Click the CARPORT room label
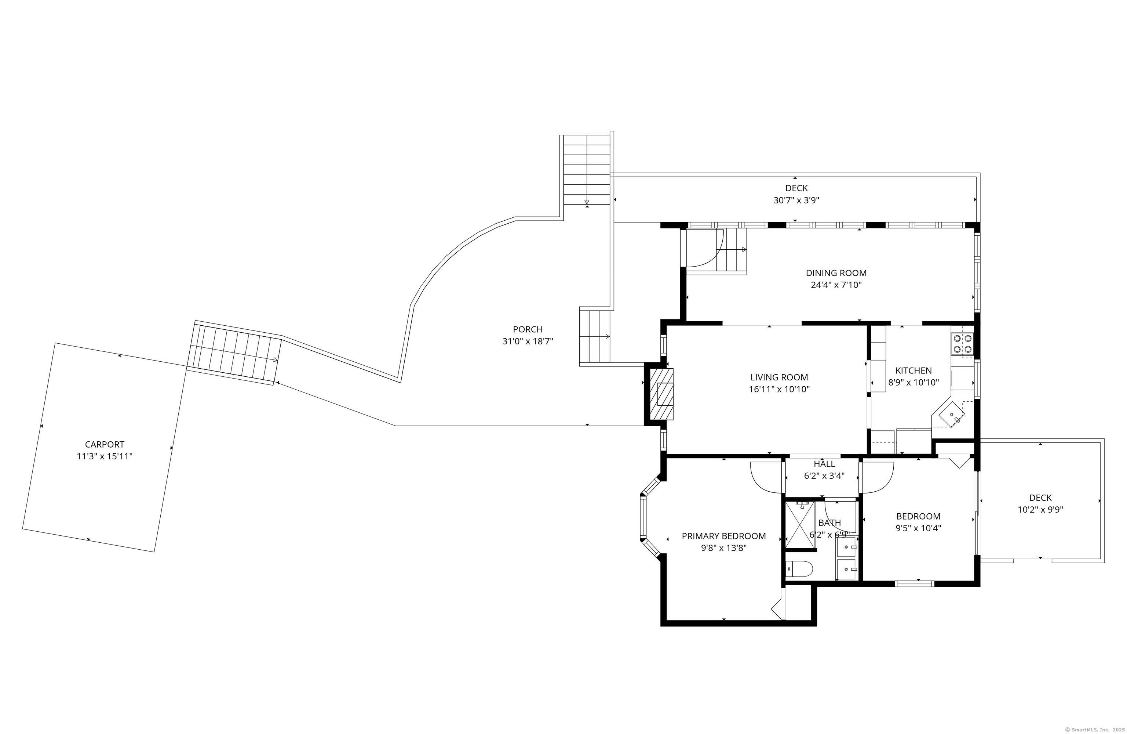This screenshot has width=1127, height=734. point(105,444)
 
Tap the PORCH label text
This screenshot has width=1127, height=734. point(528,329)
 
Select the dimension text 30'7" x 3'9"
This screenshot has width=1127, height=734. point(796,200)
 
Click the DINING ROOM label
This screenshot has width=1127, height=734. point(836,273)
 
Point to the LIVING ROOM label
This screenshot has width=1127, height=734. point(779,377)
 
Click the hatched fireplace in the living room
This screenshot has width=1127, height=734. point(661,393)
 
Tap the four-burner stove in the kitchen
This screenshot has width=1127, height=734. point(962,344)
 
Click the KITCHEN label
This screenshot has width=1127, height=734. point(913,370)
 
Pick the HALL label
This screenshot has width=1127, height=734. point(824,464)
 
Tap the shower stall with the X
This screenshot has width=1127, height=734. point(800,525)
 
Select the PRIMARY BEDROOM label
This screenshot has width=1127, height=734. point(723,536)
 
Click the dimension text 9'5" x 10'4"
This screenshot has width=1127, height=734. point(918,528)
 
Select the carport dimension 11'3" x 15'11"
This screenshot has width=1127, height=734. point(105,457)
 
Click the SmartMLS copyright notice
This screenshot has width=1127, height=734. point(1094,730)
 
